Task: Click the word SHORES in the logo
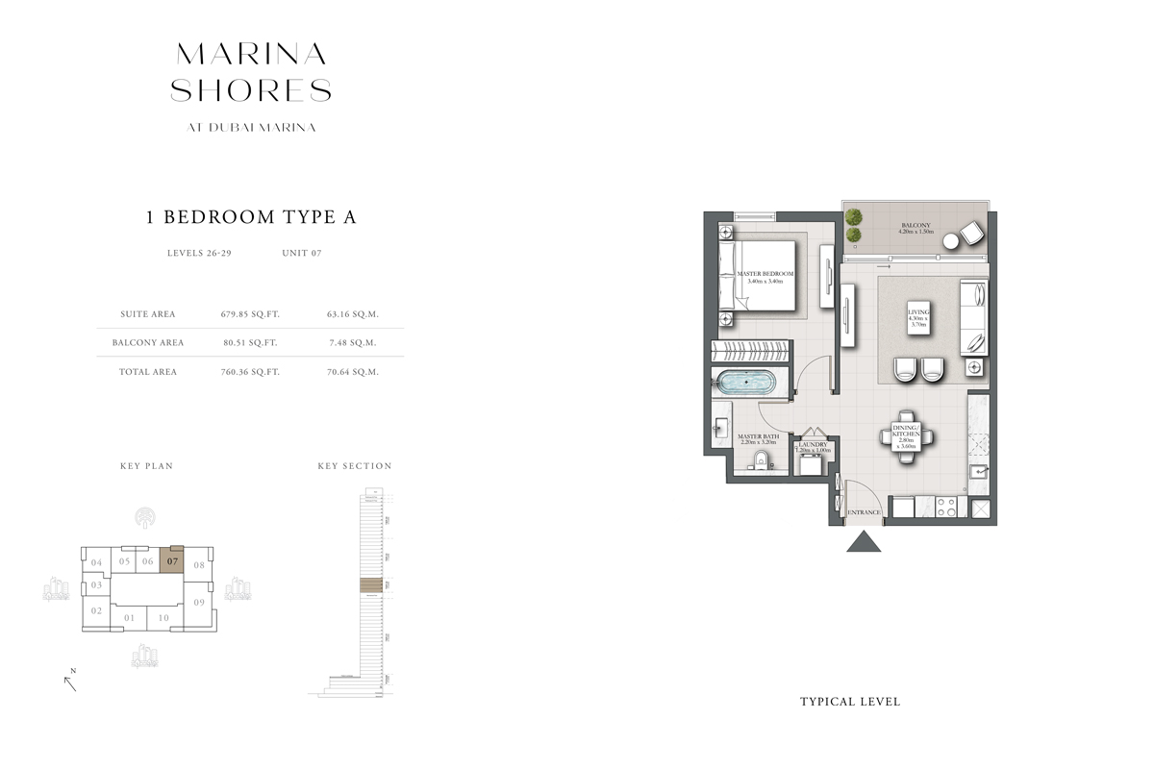click(x=251, y=90)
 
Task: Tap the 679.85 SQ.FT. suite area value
click(x=250, y=313)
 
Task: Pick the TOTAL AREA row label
click(x=149, y=372)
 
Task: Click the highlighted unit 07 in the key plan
click(x=172, y=562)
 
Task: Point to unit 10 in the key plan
click(x=164, y=618)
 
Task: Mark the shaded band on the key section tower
click(x=370, y=585)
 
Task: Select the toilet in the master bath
click(x=760, y=460)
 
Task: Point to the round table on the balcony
click(x=951, y=240)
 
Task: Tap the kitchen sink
click(x=978, y=471)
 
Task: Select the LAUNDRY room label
click(x=814, y=445)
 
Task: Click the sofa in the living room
click(x=974, y=316)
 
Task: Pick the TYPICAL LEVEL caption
click(x=850, y=702)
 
